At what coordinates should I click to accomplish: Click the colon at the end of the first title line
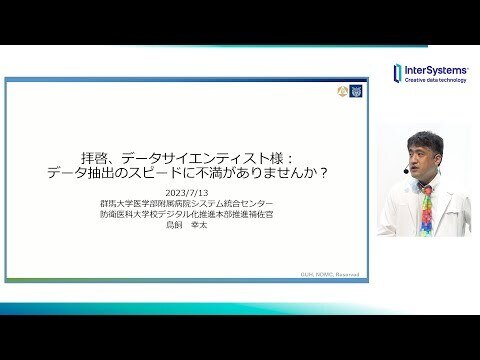(x=286, y=157)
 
